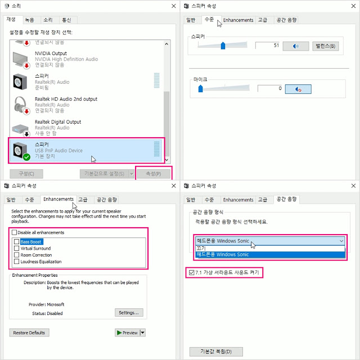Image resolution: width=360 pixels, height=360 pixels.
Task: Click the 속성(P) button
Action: pyautogui.click(x=154, y=174)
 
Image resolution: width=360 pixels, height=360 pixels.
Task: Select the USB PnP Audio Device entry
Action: pyautogui.click(x=85, y=150)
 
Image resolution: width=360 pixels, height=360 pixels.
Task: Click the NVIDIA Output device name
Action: pyautogui.click(x=51, y=53)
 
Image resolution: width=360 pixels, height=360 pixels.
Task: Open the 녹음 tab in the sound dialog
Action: pyautogui.click(x=30, y=20)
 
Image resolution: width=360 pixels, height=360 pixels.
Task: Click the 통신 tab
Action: pyautogui.click(x=66, y=20)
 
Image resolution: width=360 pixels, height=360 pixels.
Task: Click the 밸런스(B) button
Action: pyautogui.click(x=325, y=46)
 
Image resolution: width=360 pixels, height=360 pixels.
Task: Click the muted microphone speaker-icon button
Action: pyautogui.click(x=298, y=89)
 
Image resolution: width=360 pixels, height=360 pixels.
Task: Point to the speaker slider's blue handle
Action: pyautogui.click(x=223, y=46)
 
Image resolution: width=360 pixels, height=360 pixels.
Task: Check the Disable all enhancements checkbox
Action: pyautogui.click(x=14, y=232)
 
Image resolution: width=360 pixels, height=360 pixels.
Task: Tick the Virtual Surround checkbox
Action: pyautogui.click(x=16, y=248)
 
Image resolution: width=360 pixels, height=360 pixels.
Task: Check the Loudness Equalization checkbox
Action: pyautogui.click(x=16, y=262)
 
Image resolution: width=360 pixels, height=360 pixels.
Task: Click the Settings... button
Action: pyautogui.click(x=129, y=313)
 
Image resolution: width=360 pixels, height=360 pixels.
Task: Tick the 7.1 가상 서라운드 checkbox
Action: pyautogui.click(x=191, y=272)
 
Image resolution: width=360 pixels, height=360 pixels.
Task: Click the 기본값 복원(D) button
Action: pyautogui.click(x=216, y=352)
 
